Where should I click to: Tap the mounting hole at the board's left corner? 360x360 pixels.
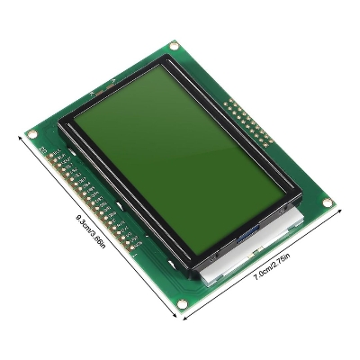tap(33, 136)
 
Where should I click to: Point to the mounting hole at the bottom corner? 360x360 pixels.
tap(184, 302)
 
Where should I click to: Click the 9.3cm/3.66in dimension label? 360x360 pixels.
tap(91, 232)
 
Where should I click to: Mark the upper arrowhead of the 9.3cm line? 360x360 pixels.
tap(21, 136)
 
